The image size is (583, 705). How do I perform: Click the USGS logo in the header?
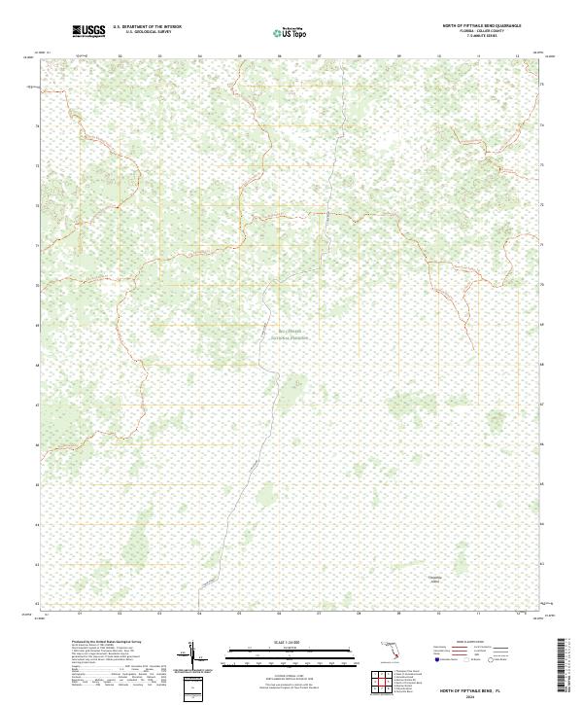click(x=88, y=32)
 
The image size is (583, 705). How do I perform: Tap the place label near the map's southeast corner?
click(x=434, y=580)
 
